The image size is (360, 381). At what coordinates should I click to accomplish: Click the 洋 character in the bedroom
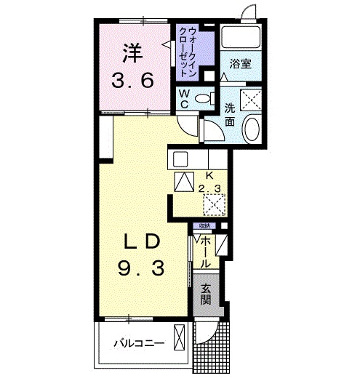132,53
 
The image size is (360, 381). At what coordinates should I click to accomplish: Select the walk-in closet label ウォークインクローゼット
191,51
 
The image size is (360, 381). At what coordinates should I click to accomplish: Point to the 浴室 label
241,64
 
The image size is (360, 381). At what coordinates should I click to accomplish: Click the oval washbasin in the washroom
251,130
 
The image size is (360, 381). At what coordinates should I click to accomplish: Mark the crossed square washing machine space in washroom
251,99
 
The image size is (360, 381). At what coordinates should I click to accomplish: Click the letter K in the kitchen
209,175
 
